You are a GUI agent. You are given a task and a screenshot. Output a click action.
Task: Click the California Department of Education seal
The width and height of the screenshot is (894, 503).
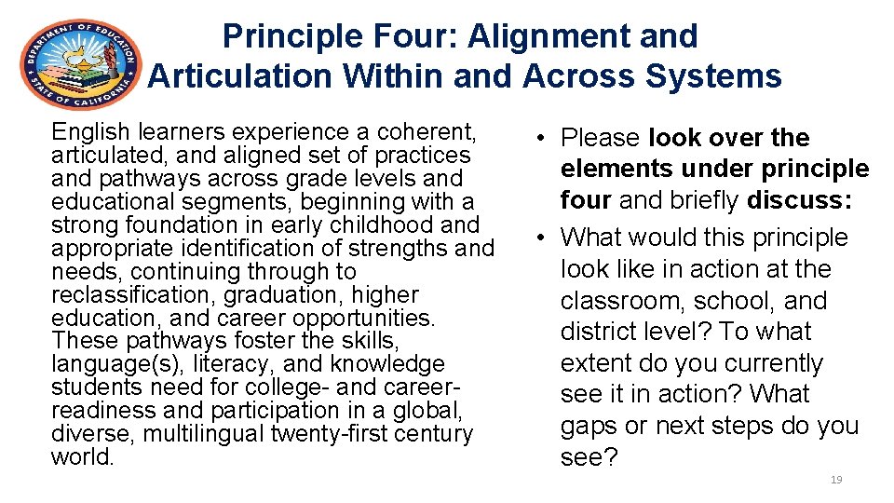(x=80, y=65)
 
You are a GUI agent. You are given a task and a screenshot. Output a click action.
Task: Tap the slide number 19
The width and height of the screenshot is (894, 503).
(x=835, y=480)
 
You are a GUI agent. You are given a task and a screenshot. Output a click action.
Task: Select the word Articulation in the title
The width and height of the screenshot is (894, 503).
(x=237, y=76)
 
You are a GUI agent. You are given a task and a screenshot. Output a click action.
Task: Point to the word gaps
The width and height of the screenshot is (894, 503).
(x=589, y=426)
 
